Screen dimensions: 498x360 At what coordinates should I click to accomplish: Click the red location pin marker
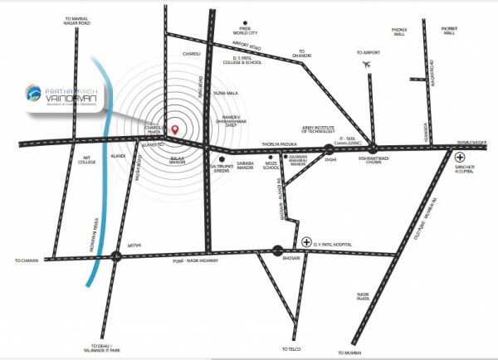coord(175,129)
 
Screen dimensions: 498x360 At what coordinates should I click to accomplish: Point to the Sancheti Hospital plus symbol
coord(461,156)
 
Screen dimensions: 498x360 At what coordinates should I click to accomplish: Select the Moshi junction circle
coord(116,256)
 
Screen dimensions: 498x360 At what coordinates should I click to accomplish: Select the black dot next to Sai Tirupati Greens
coord(222,157)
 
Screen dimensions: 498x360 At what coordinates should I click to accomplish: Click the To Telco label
coord(290,348)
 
